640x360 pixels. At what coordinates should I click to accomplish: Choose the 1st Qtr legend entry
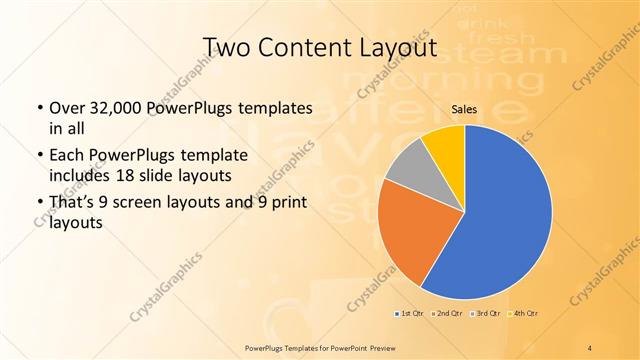(x=409, y=314)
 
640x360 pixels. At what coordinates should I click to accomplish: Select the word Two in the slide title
(x=227, y=48)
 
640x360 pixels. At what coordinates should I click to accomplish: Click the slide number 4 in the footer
(x=591, y=346)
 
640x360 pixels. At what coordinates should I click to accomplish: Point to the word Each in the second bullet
(x=67, y=157)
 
